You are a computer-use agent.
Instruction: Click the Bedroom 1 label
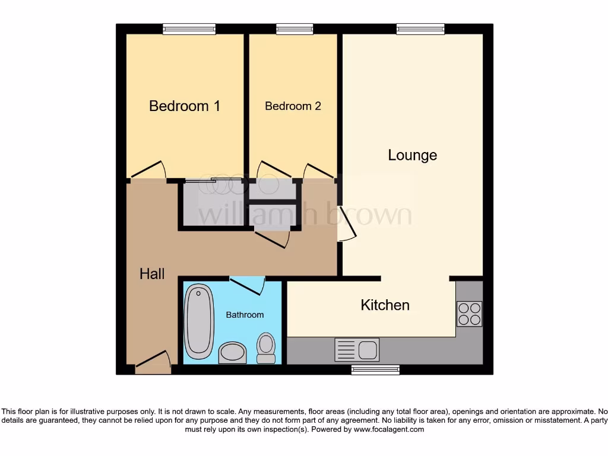[184, 106]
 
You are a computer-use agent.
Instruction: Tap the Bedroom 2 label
[293, 106]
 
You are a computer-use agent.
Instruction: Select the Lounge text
[412, 156]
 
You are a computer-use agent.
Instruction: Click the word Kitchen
[385, 305]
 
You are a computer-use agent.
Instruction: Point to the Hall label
[152, 274]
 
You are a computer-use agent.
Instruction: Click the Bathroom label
[245, 315]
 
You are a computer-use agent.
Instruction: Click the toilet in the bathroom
[266, 347]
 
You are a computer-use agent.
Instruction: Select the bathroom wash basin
[232, 352]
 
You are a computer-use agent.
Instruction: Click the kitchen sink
[357, 349]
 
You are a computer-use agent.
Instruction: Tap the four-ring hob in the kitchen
[469, 313]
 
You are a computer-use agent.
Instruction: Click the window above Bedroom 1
[189, 28]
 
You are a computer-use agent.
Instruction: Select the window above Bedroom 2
[294, 28]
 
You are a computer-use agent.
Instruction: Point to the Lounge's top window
[420, 28]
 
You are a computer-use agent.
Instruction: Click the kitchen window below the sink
[375, 370]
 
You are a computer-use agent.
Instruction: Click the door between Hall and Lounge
[346, 223]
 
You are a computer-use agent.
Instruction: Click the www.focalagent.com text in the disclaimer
[389, 429]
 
